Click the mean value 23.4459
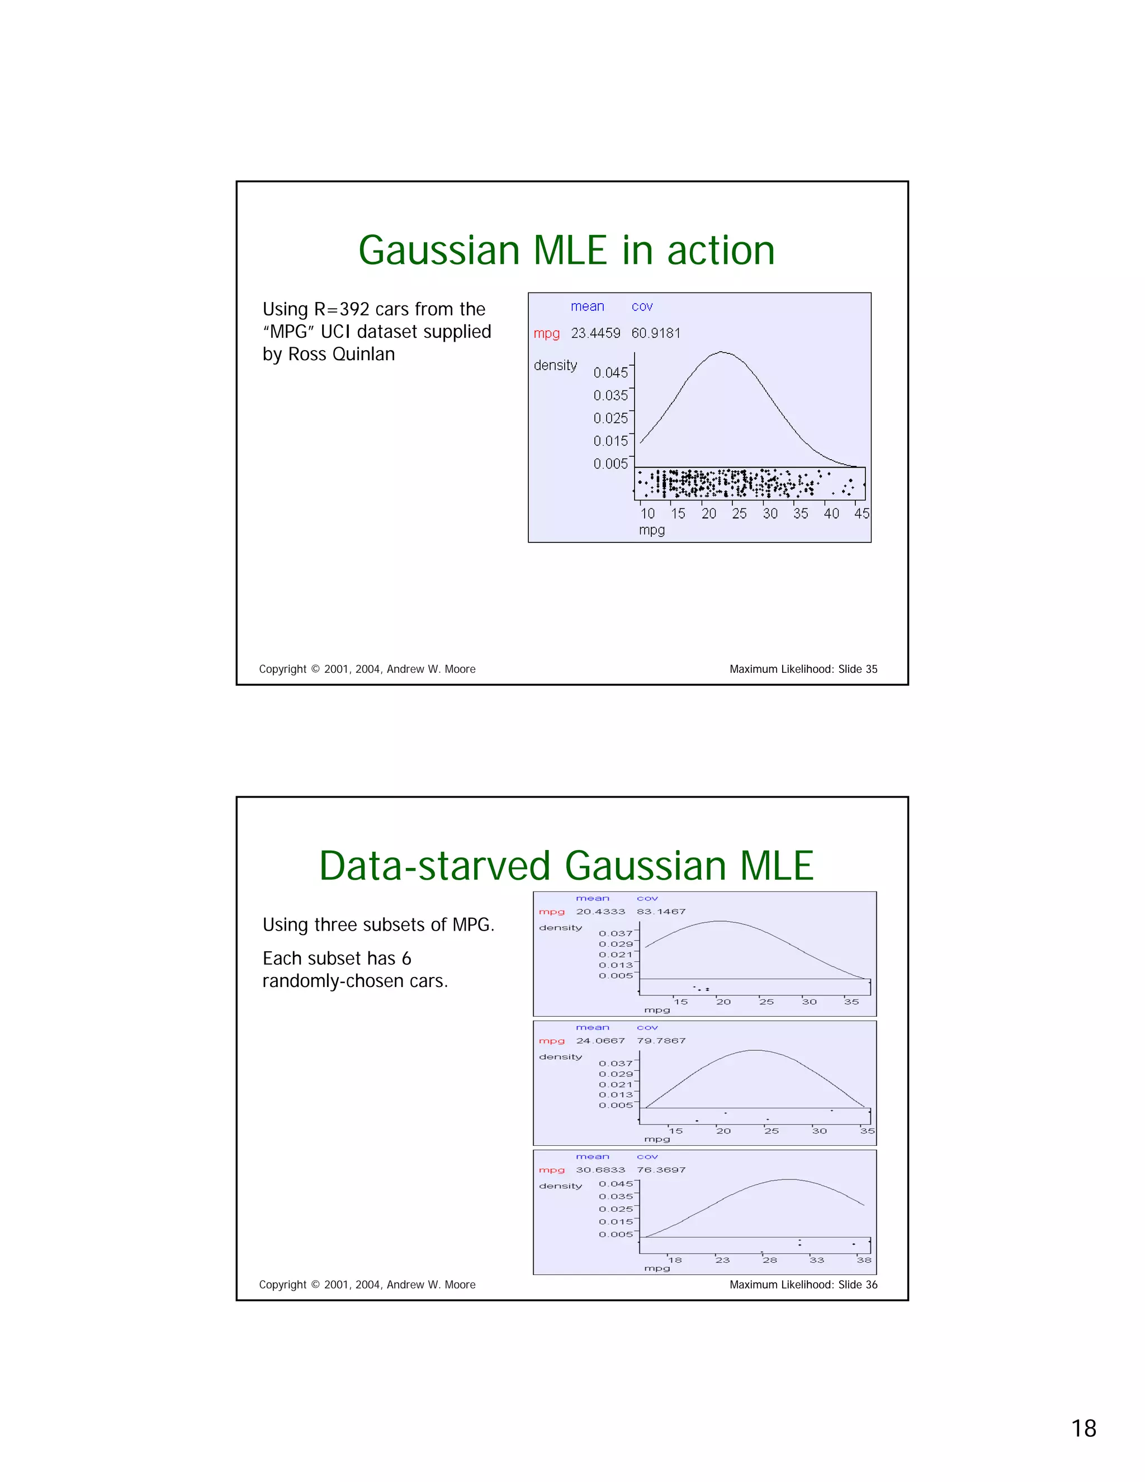click(x=595, y=333)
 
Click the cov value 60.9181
click(x=655, y=333)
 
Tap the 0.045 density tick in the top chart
click(x=611, y=372)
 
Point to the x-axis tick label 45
click(x=862, y=514)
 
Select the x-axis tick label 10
click(x=648, y=514)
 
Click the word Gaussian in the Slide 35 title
click(x=439, y=251)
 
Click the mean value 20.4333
click(x=600, y=912)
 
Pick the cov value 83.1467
click(x=661, y=912)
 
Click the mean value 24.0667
click(x=600, y=1040)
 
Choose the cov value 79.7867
click(x=661, y=1040)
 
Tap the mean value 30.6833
click(x=600, y=1170)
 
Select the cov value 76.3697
click(x=661, y=1170)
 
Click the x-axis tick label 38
click(x=863, y=1260)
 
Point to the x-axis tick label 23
click(x=722, y=1260)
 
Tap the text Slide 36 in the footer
click(x=858, y=1285)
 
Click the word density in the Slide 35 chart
click(x=555, y=365)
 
